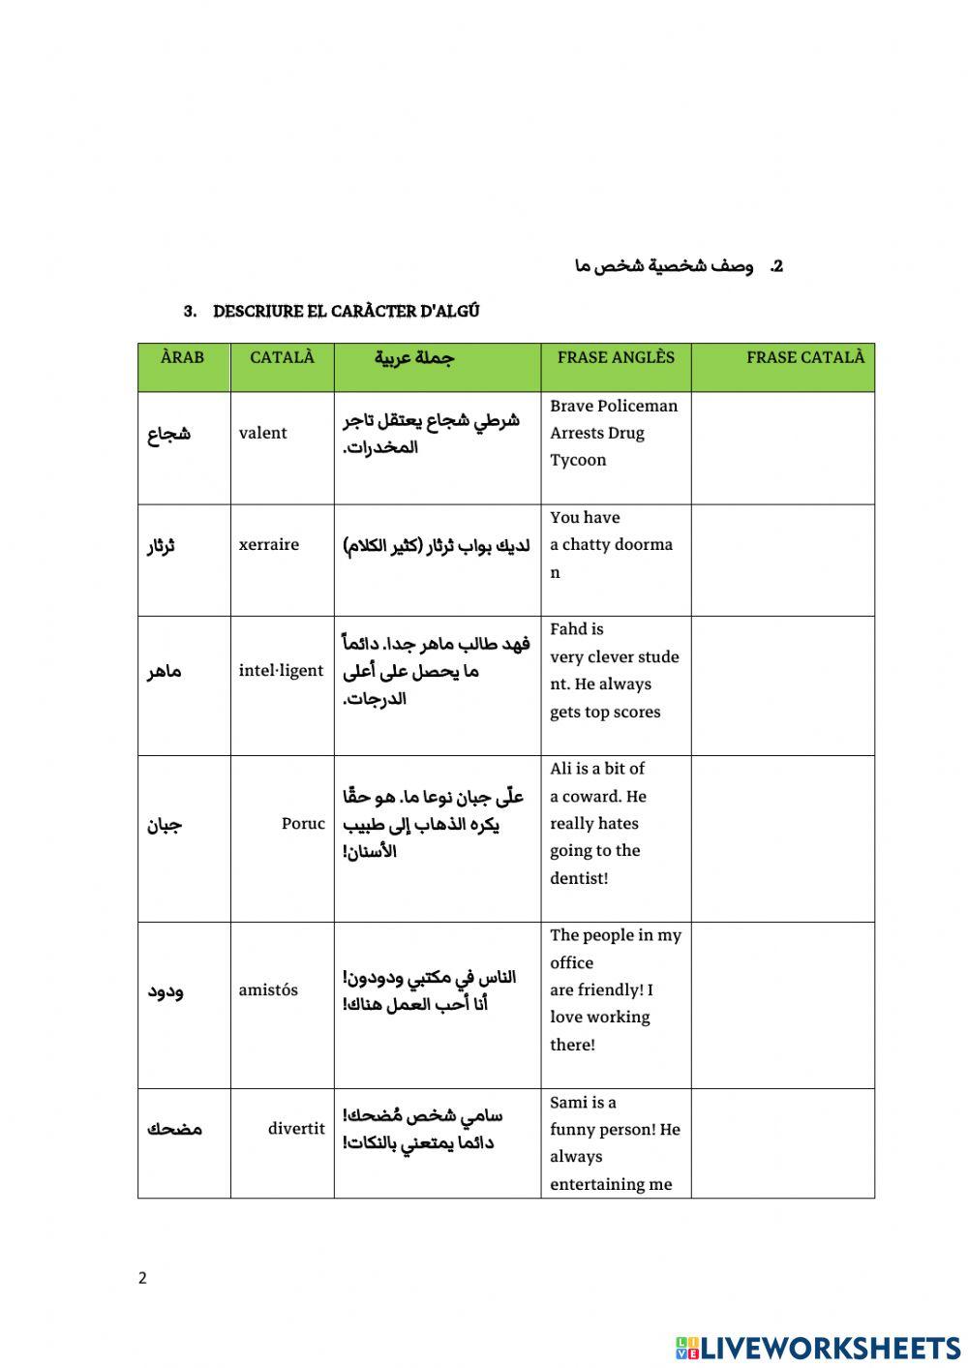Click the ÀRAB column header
point(183,357)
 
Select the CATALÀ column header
point(282,357)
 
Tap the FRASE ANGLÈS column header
point(616,357)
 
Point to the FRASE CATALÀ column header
point(804,357)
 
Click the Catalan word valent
point(263,433)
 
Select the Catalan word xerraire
point(269,544)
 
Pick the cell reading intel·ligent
point(281,670)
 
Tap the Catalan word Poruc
point(303,824)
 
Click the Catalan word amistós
point(268,989)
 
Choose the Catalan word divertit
point(296,1128)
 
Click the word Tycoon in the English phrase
point(578,460)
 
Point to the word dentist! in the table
point(579,878)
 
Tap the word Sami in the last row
point(568,1102)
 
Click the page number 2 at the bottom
point(142,1278)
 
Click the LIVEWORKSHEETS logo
point(818,1347)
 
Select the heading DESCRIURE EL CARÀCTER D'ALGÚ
point(346,311)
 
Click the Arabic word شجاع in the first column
point(168,434)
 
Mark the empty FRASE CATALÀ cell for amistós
point(782,1004)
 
